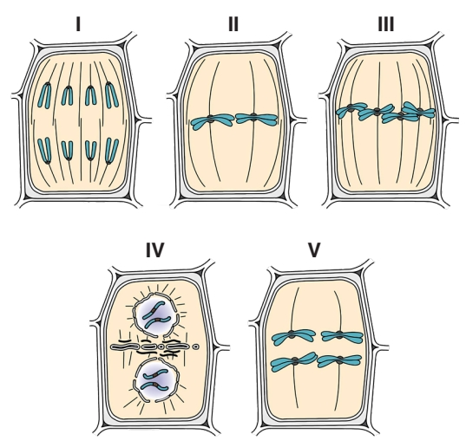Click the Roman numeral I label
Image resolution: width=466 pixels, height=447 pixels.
pos(78,24)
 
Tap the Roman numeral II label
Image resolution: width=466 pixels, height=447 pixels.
pos(233,24)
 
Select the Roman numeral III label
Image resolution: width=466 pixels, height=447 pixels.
pos(386,24)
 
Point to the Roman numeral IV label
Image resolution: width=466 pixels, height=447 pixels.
pos(154,249)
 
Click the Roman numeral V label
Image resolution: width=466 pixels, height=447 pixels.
pos(314,249)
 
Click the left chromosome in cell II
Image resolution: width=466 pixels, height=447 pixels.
pos(212,121)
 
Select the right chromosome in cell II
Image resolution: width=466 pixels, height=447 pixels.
pos(256,119)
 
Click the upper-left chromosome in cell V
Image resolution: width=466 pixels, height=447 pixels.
pos(293,336)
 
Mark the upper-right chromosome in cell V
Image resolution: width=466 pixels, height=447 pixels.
pos(342,336)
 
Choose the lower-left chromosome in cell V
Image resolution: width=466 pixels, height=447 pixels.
pos(293,361)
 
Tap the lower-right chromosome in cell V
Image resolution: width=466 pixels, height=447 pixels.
pos(339,360)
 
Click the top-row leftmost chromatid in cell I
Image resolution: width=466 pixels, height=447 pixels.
pos(44,95)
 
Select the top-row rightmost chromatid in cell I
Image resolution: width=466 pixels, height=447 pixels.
pos(112,95)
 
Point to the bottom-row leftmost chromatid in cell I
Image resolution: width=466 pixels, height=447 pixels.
pos(45,151)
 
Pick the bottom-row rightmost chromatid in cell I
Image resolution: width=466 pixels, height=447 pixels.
pos(111,151)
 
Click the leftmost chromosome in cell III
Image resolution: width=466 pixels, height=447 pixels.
pos(351,109)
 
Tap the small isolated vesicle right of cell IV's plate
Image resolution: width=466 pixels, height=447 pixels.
pos(195,347)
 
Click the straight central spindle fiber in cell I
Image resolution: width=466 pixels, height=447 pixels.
pos(81,120)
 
